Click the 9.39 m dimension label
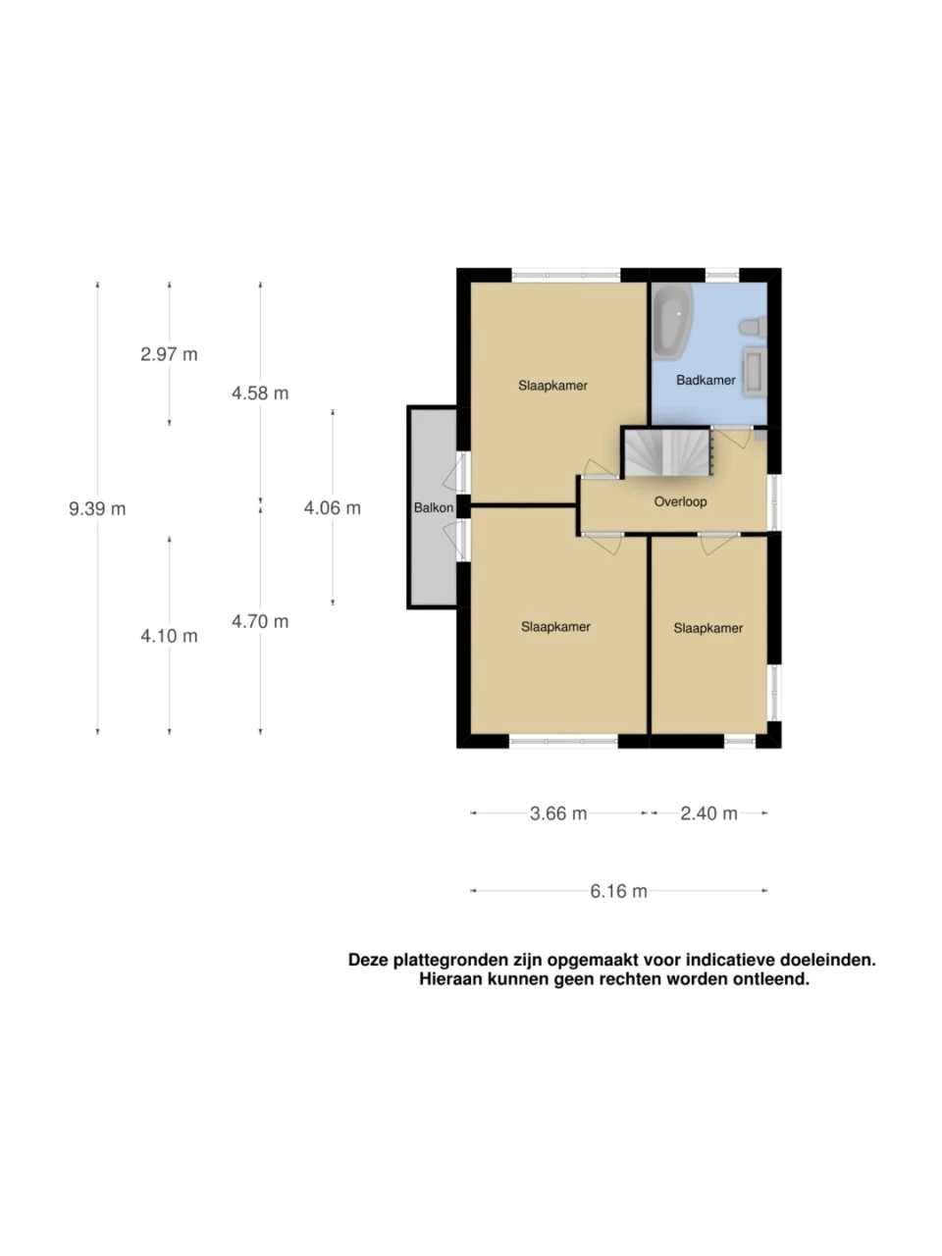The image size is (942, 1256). click(97, 508)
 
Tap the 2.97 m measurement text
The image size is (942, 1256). click(170, 354)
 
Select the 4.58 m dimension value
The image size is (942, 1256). click(260, 393)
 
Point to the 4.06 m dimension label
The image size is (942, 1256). click(333, 507)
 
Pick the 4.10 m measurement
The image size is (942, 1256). click(170, 636)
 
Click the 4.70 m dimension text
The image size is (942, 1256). click(260, 621)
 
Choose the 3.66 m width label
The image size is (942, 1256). click(558, 813)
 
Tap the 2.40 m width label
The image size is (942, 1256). click(708, 813)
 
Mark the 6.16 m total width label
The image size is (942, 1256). click(618, 892)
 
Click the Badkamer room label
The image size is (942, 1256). click(706, 380)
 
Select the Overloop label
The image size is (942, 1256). click(681, 501)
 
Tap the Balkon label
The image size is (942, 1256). click(434, 507)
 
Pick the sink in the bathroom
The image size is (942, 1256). click(755, 371)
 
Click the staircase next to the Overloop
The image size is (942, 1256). click(667, 453)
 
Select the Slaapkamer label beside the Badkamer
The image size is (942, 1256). click(552, 386)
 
